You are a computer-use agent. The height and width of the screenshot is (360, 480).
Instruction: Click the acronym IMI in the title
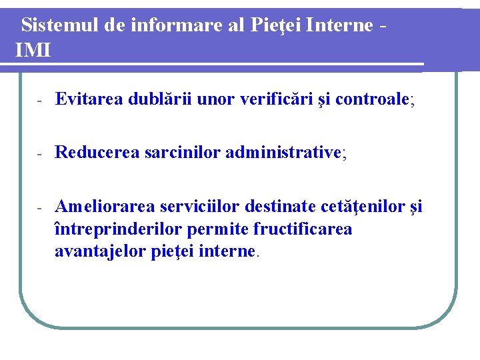33,50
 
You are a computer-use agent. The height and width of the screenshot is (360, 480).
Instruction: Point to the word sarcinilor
182,153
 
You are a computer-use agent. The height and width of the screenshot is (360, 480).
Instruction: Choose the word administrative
283,153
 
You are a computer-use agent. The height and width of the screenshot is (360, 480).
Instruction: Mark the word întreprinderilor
118,229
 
